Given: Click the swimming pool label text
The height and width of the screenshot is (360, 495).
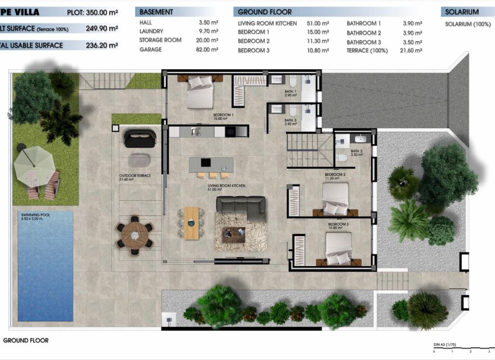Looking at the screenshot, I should pyautogui.click(x=34, y=217).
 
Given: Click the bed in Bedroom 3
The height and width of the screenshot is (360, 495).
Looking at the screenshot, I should pyautogui.click(x=339, y=247).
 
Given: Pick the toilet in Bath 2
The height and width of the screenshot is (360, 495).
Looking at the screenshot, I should pyautogui.click(x=342, y=159).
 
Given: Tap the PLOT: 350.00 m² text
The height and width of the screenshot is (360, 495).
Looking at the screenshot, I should pyautogui.click(x=92, y=12).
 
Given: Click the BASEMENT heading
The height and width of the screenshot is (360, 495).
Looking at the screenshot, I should pyautogui.click(x=156, y=12).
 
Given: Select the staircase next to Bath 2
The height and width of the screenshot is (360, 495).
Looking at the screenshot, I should pyautogui.click(x=309, y=150).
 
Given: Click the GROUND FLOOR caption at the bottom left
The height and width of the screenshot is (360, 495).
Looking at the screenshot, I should pyautogui.click(x=26, y=340).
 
